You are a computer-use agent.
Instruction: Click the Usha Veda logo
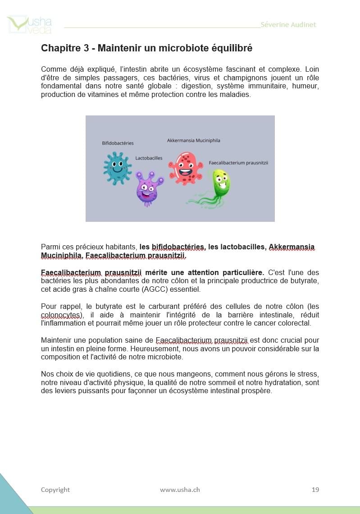(29, 25)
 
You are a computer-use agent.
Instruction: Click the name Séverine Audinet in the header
(288, 24)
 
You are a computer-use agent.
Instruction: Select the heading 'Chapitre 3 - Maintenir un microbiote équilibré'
(146, 48)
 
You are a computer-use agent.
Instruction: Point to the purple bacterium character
(149, 188)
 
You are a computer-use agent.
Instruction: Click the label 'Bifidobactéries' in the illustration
(118, 143)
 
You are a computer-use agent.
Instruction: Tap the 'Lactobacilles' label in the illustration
(149, 158)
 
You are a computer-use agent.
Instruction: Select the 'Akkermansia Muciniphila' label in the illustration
(193, 140)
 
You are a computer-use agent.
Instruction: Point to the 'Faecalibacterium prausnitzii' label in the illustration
(238, 163)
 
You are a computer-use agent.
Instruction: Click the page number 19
(315, 490)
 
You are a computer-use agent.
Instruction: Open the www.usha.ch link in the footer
(180, 490)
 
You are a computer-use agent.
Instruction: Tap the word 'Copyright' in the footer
(55, 490)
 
